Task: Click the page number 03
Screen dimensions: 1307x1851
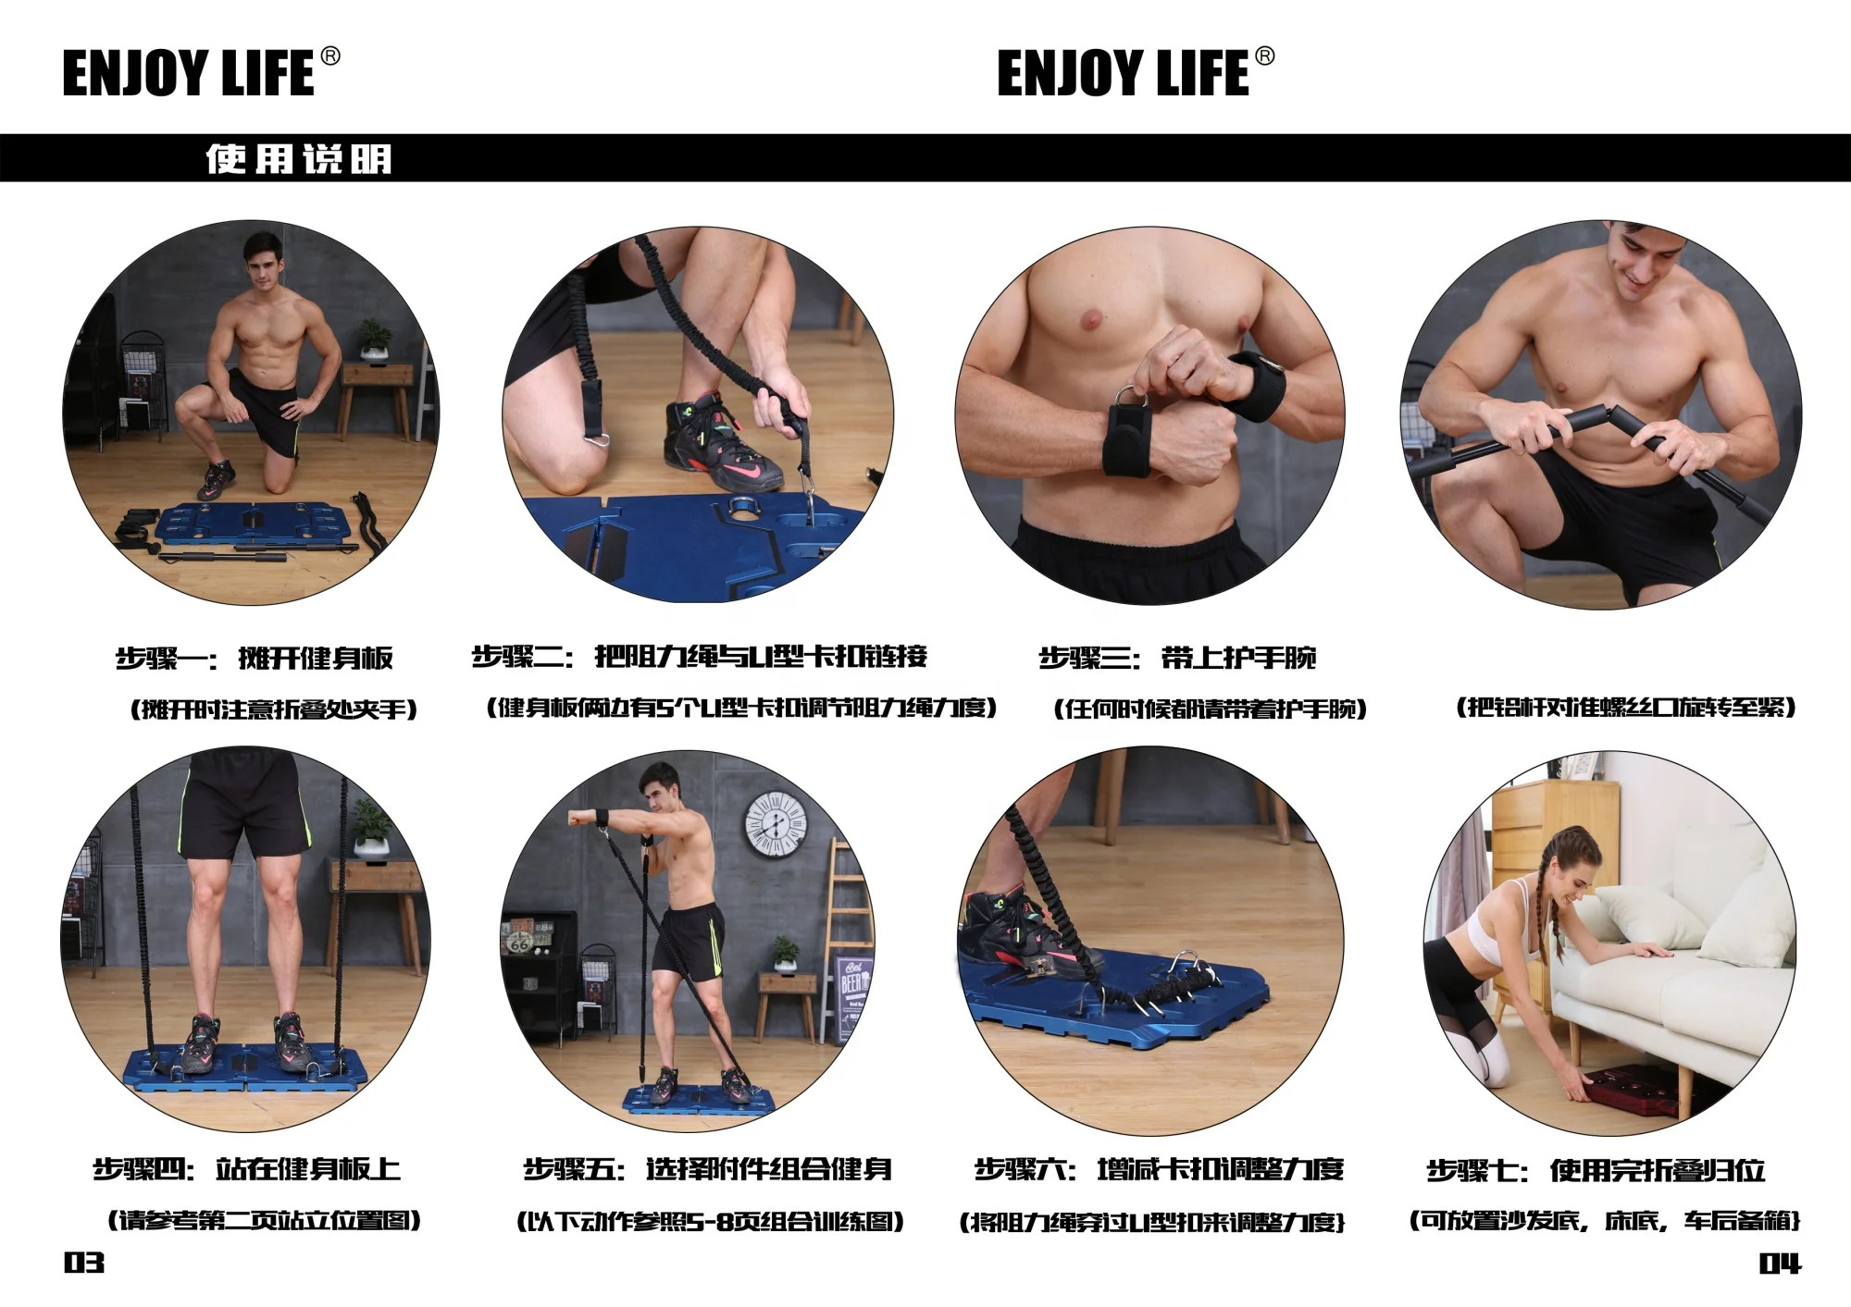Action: point(83,1263)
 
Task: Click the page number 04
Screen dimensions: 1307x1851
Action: point(1780,1264)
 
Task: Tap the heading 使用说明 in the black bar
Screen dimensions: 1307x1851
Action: point(299,159)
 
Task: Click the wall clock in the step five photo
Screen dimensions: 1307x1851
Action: point(776,823)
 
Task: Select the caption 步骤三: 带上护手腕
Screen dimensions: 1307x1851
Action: point(1177,658)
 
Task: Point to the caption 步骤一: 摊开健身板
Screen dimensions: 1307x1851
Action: point(255,658)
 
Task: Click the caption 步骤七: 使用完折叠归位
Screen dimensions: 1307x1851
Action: point(1596,1170)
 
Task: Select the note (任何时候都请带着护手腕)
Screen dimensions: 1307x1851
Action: point(1210,709)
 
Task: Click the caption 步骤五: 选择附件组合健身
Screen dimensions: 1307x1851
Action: point(708,1169)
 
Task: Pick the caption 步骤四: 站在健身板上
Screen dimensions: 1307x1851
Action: point(246,1169)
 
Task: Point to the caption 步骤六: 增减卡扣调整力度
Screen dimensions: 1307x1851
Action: point(1159,1169)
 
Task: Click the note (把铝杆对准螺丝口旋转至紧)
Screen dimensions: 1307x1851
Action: point(1625,708)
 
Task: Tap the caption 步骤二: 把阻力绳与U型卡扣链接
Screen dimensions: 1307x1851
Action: point(700,657)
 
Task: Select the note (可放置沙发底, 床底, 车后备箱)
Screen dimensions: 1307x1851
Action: point(1604,1221)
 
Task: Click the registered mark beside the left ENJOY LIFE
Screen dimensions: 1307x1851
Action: point(330,56)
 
